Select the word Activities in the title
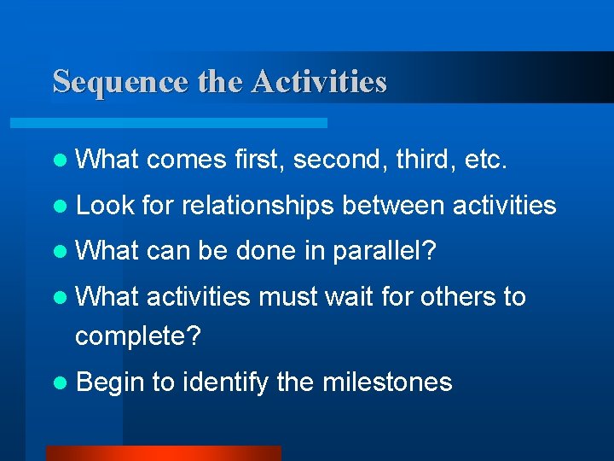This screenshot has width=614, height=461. pos(319,82)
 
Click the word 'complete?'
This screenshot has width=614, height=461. pos(138,336)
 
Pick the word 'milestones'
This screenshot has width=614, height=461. pos(387,382)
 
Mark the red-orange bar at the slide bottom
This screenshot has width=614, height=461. pos(163,452)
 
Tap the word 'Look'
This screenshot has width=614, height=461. pos(106,206)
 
